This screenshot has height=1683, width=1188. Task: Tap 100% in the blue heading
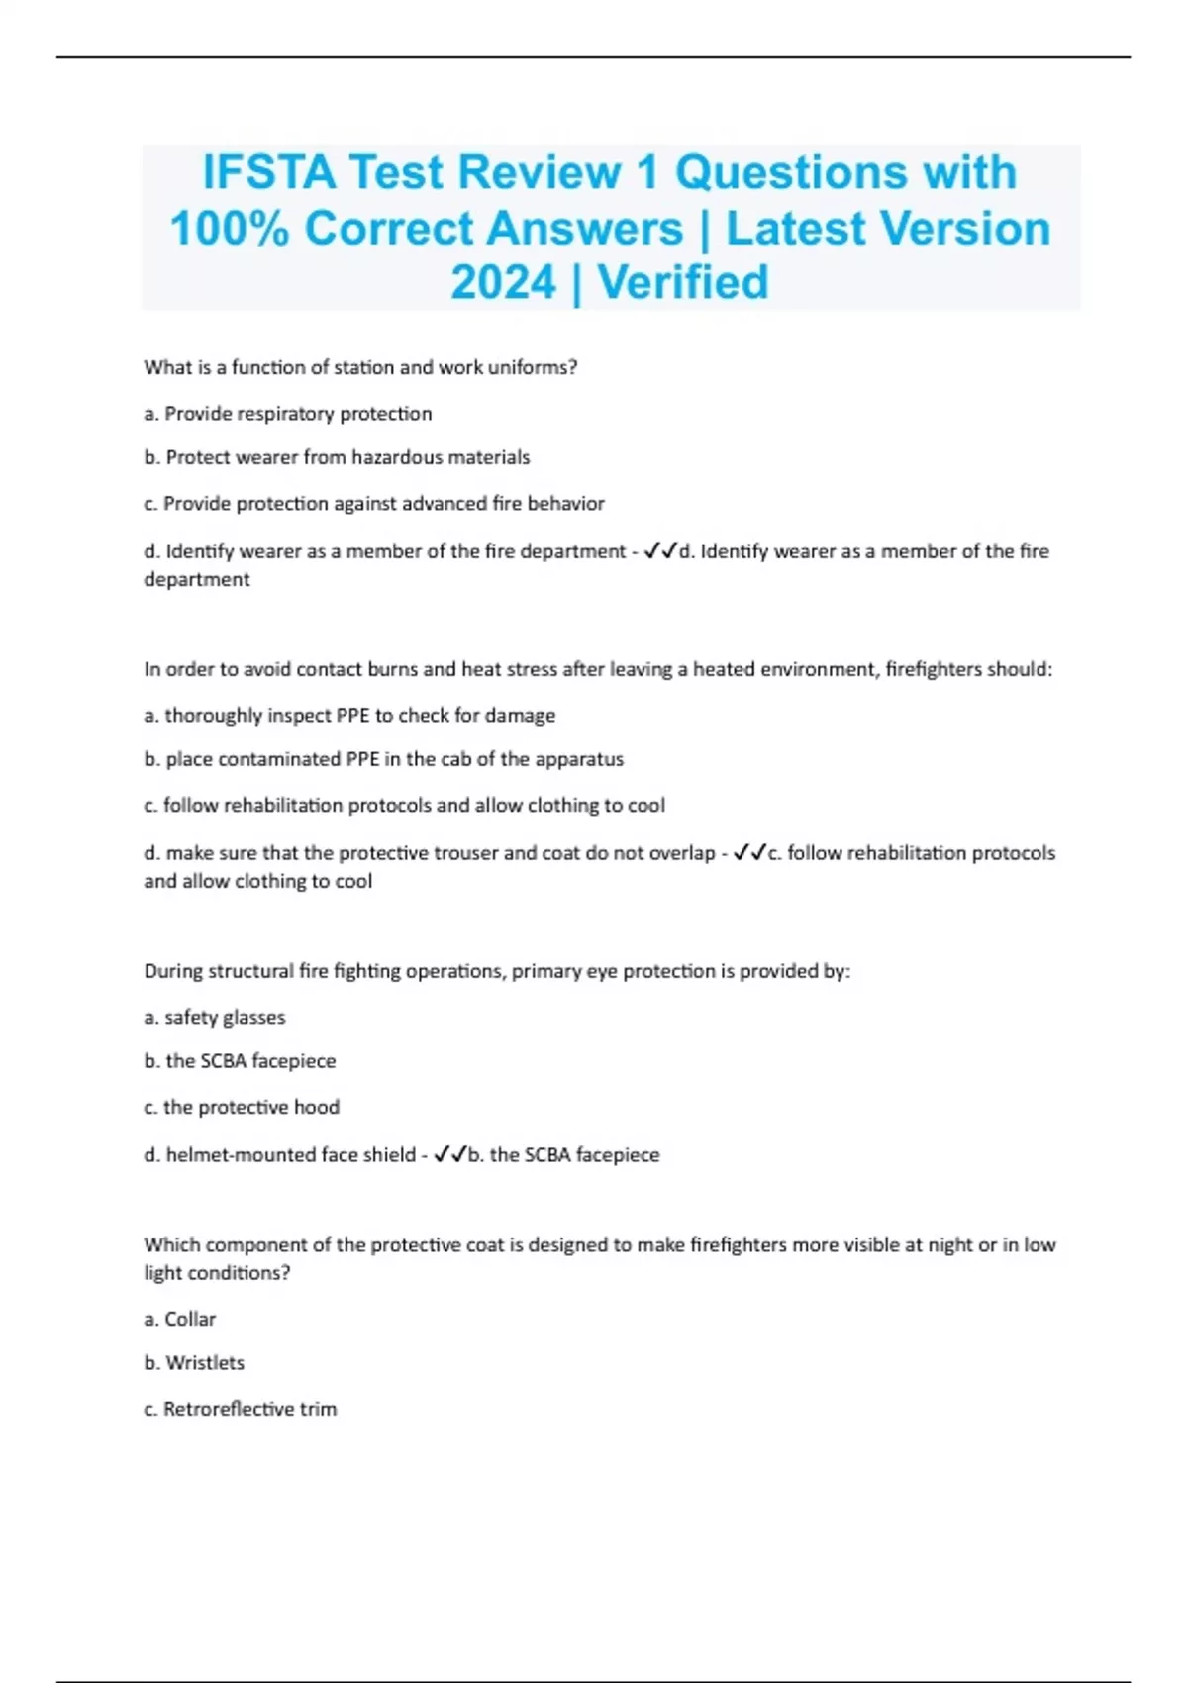(229, 229)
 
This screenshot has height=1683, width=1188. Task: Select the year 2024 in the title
(503, 283)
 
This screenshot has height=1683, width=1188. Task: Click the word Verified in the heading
(683, 283)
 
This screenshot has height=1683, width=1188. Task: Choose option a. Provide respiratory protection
(288, 414)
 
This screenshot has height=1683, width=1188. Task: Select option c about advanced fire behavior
(374, 504)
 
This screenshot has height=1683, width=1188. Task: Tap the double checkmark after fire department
(659, 551)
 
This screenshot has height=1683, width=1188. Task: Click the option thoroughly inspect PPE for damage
(349, 716)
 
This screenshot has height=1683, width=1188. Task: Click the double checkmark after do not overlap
(749, 853)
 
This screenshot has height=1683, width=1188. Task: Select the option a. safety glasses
(215, 1018)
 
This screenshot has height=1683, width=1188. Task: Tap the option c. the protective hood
(242, 1108)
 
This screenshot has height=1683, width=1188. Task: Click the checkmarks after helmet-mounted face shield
(449, 1155)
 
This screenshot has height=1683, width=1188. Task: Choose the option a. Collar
(180, 1320)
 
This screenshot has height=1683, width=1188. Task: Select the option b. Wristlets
(194, 1363)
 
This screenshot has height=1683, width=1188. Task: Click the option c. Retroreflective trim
(241, 1409)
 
